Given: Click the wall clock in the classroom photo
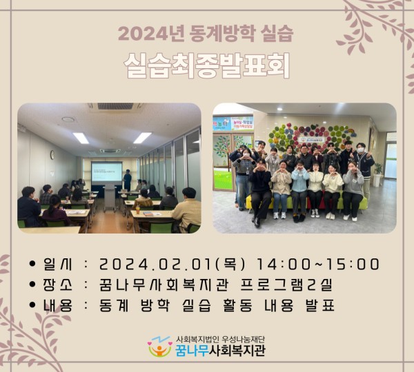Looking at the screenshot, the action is tap(52, 155).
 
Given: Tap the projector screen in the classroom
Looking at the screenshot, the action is tap(107, 172).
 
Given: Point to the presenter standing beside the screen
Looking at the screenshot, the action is tap(127, 180).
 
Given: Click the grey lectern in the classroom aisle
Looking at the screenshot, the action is tap(110, 196).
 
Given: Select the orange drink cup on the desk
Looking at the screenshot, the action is tap(137, 209).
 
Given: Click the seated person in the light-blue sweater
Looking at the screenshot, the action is tap(299, 191).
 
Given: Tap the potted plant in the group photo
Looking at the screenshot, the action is tap(378, 174).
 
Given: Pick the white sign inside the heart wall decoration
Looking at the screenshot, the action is tap(313, 139).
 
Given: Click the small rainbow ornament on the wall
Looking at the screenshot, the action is tap(350, 132).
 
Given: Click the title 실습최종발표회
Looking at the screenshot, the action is tap(207, 65).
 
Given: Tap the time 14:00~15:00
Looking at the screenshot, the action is tap(317, 265).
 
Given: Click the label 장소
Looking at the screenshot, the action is tap(57, 285).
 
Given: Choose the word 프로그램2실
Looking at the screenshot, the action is tap(286, 285).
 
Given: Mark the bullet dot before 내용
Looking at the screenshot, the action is tap(32, 305).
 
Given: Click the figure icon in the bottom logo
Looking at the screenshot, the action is tap(160, 347).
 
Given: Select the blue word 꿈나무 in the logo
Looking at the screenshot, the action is tap(192, 351).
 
